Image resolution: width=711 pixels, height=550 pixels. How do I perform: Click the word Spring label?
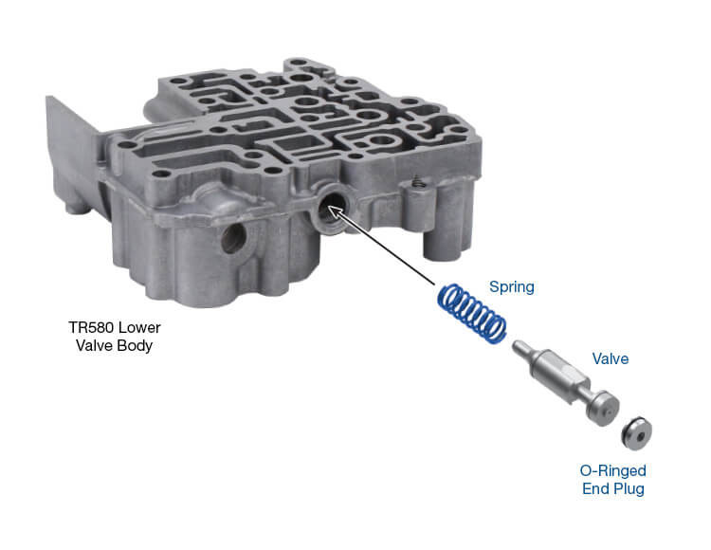click(x=512, y=285)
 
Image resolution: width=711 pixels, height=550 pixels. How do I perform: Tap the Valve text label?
click(x=611, y=359)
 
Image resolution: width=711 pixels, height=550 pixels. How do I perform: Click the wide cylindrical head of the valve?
click(x=595, y=408)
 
